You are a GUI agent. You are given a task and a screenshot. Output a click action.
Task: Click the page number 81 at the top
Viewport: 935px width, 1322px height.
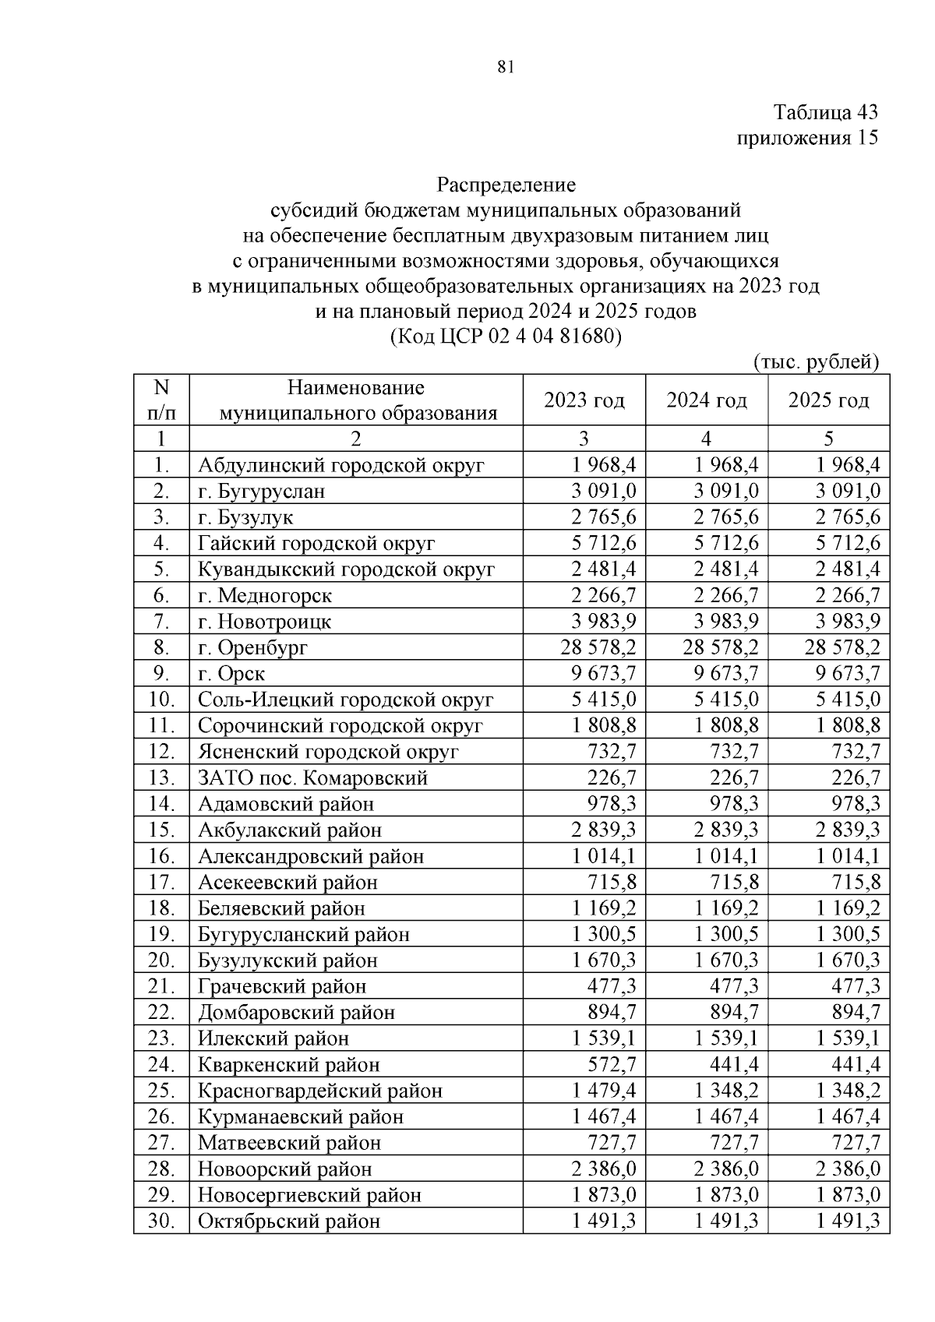click(505, 67)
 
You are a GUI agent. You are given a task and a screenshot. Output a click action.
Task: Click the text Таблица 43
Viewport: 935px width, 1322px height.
click(825, 112)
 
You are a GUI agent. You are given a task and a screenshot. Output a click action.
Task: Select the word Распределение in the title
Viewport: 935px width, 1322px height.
click(506, 185)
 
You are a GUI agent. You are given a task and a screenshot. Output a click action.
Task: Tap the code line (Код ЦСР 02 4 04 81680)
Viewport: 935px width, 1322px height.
click(505, 337)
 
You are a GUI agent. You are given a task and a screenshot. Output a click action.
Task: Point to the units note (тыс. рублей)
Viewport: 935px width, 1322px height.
click(816, 361)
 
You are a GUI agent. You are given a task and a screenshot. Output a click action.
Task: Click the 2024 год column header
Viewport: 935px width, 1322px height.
click(706, 400)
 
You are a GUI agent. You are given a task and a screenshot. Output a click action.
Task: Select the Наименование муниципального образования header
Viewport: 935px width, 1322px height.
click(357, 400)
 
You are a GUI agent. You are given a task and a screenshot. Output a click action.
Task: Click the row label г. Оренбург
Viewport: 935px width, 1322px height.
click(253, 647)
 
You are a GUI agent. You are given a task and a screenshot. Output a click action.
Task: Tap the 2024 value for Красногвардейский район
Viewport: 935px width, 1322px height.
click(726, 1091)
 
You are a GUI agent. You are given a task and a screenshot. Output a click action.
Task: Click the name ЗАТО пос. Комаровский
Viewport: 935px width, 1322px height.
click(312, 777)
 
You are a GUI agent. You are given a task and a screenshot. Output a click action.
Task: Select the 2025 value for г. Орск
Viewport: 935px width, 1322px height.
click(848, 673)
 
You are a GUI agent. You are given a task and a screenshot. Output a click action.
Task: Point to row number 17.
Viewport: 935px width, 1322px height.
click(161, 882)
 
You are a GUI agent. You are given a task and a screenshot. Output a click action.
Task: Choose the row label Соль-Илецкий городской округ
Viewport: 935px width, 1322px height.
click(345, 700)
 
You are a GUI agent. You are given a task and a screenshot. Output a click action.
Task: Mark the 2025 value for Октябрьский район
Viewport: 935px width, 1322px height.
click(848, 1221)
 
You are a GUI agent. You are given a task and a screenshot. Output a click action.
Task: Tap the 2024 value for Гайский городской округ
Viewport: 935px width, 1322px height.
click(726, 543)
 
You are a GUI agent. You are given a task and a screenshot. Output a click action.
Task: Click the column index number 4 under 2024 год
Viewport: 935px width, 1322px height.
click(706, 439)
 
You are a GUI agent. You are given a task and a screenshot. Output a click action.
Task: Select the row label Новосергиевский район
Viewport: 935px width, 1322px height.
click(309, 1195)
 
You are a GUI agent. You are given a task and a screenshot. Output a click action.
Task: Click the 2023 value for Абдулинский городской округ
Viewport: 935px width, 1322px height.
click(604, 465)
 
